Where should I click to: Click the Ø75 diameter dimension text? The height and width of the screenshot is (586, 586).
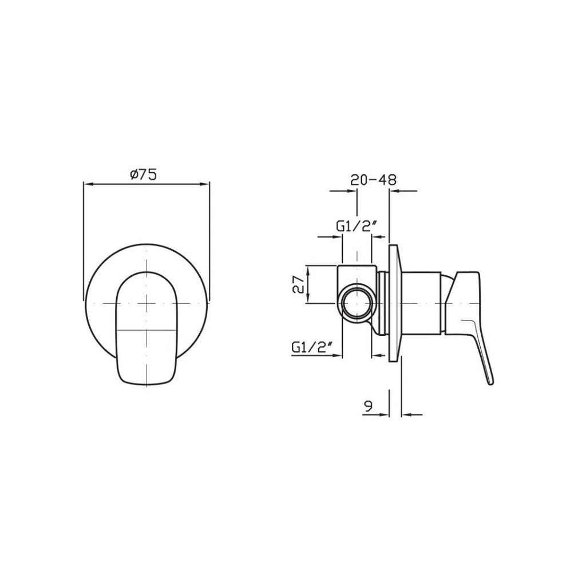pos(144,175)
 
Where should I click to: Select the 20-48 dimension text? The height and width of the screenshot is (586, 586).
pos(374,180)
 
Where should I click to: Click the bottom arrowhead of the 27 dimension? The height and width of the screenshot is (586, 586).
pos(309,299)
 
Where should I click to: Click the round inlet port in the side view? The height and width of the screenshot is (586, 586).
pos(357,302)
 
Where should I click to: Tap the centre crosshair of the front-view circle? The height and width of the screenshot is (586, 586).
pos(147,302)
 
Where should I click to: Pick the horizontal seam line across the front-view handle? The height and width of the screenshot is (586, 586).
pos(147,330)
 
